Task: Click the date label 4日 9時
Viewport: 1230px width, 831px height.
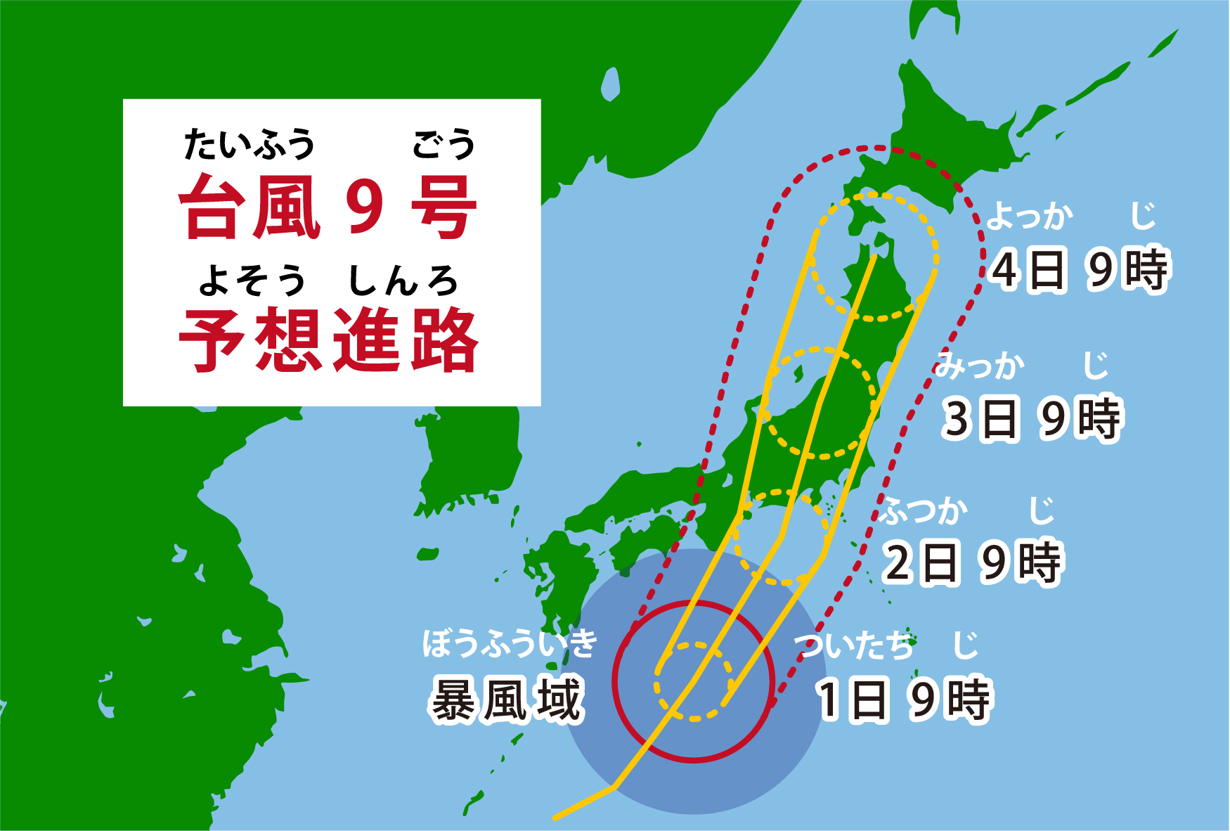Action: [1078, 269]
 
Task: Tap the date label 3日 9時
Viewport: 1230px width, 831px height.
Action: [1031, 419]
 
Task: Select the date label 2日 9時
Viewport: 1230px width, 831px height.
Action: [971, 562]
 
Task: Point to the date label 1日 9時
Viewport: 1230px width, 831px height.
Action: [904, 700]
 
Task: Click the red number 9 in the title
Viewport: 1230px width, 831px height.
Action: [365, 207]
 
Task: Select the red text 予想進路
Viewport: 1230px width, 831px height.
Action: [329, 341]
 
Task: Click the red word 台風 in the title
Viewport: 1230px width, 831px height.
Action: [250, 207]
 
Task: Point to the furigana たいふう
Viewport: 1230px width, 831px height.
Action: [250, 144]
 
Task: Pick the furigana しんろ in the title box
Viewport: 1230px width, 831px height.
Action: [403, 281]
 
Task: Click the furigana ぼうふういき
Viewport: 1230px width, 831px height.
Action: [510, 643]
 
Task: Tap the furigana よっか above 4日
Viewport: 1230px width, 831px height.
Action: [1030, 215]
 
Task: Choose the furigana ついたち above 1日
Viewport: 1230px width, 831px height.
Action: [855, 645]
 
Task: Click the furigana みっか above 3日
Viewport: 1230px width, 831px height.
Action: [979, 366]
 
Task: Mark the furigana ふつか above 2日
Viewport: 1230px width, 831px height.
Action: [925, 510]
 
